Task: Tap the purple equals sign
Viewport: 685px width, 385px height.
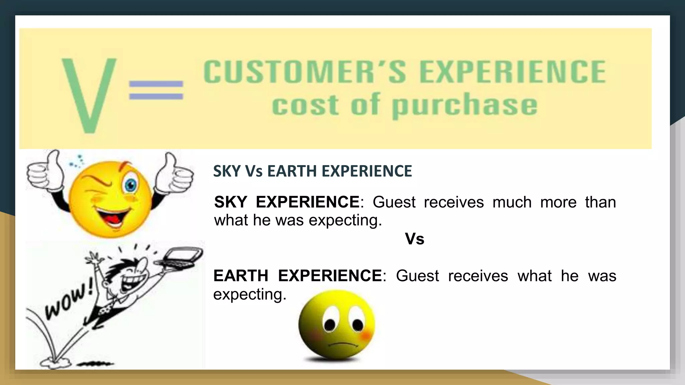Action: point(156,90)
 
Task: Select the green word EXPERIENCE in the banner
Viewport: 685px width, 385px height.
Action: point(512,72)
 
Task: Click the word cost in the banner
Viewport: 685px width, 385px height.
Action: point(305,106)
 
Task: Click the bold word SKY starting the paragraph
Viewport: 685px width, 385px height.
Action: point(230,202)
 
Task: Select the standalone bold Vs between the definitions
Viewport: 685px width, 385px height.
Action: point(414,239)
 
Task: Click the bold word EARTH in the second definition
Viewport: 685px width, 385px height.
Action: point(240,276)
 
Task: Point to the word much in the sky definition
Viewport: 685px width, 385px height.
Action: point(512,203)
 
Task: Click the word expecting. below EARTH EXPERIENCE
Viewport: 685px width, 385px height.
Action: point(250,294)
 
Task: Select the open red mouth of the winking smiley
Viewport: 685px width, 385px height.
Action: point(112,216)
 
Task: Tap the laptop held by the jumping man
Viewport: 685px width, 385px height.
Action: point(182,257)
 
